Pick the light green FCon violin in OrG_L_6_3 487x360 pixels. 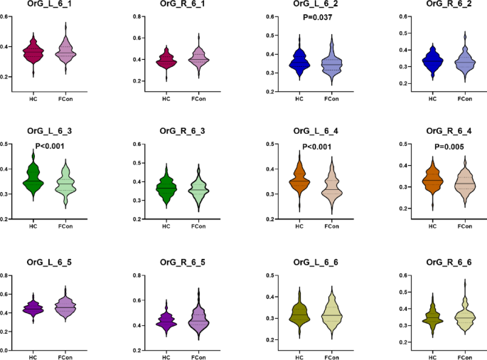pyautogui.click(x=65, y=185)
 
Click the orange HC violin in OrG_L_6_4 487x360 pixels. pyautogui.click(x=302, y=181)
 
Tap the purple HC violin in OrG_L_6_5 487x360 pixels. pyautogui.click(x=32, y=308)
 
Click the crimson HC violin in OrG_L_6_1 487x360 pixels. pyautogui.click(x=32, y=52)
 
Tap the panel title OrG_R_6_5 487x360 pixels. pyautogui.click(x=181, y=263)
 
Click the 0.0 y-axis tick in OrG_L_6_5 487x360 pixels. pyautogui.click(x=4, y=350)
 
